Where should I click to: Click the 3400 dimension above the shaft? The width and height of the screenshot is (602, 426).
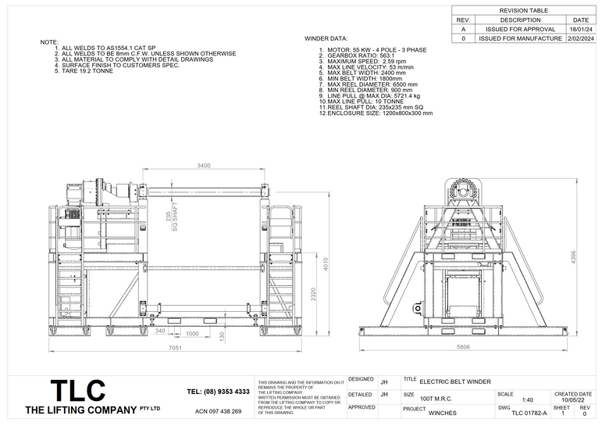pyautogui.click(x=204, y=166)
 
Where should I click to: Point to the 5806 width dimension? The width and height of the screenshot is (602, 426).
pyautogui.click(x=463, y=346)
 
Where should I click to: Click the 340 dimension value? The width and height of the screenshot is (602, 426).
pyautogui.click(x=160, y=331)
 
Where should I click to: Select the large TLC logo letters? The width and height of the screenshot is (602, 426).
pyautogui.click(x=77, y=390)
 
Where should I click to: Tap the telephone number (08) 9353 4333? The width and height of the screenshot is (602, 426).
pyautogui.click(x=219, y=391)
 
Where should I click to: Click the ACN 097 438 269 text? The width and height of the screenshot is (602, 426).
pyautogui.click(x=218, y=411)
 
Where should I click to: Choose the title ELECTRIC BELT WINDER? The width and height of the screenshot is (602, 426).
pyautogui.click(x=455, y=382)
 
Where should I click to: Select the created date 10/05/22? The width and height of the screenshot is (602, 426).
pyautogui.click(x=572, y=400)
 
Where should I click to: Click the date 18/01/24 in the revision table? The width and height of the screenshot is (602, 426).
pyautogui.click(x=581, y=28)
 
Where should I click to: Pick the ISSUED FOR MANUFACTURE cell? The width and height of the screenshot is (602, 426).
pyautogui.click(x=520, y=38)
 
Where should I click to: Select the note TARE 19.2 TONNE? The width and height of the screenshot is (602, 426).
pyautogui.click(x=87, y=71)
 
